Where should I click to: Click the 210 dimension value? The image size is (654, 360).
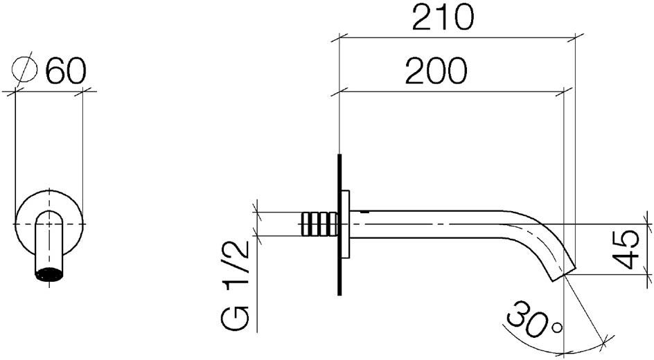(x=443, y=18)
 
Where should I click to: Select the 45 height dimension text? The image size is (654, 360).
(x=626, y=249)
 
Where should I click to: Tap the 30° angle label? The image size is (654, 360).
(x=535, y=320)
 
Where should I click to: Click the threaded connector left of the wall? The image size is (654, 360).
(x=318, y=224)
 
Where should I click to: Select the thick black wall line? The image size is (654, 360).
(x=339, y=224)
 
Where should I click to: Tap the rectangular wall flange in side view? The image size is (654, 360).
(x=346, y=224)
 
